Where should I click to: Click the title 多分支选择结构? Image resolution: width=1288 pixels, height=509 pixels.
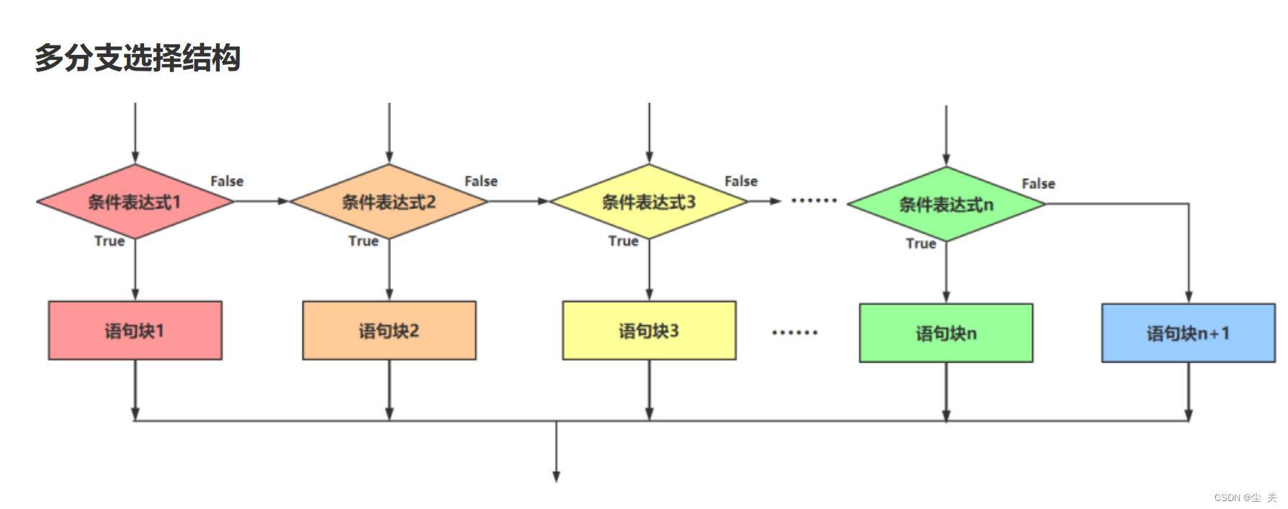pos(137,58)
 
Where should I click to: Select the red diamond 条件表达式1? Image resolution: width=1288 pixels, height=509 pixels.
pos(135,202)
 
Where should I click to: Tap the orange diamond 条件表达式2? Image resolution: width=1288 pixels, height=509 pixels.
pos(389,202)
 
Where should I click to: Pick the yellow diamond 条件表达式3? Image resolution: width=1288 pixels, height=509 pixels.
pos(649,202)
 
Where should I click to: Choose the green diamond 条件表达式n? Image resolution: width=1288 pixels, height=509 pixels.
pos(946,205)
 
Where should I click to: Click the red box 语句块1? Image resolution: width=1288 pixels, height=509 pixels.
pos(135,330)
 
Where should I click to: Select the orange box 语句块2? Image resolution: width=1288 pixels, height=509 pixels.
pos(389,330)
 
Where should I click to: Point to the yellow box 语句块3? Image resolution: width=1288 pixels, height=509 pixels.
pos(649,330)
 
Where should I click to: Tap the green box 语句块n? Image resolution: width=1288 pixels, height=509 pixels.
pos(946,333)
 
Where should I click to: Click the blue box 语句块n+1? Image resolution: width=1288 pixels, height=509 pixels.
pos(1188,333)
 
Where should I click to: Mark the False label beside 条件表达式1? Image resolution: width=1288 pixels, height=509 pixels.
pos(227,182)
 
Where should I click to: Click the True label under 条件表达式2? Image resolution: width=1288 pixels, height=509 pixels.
pos(363,241)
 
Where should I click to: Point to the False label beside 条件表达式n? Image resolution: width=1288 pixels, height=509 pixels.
pos(1038,184)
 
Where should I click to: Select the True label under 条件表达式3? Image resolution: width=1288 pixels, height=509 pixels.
pos(623,241)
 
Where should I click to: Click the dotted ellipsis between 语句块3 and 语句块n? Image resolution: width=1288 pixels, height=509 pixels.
pos(795,332)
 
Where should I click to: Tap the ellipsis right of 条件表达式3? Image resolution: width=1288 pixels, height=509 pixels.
pos(814,200)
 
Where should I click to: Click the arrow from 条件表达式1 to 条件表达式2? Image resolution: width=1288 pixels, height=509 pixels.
pos(261,201)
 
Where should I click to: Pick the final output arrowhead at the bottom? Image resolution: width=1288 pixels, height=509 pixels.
pos(556,476)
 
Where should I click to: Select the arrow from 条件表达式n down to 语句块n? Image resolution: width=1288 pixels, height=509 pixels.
pos(946,273)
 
